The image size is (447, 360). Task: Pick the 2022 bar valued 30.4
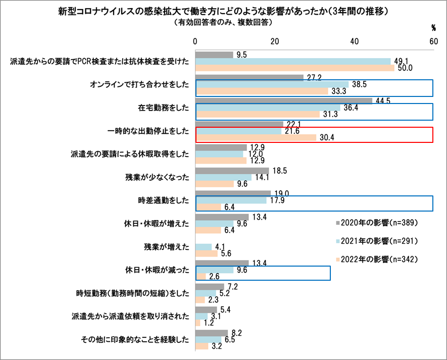256,138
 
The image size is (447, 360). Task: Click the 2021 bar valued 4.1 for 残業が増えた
203,246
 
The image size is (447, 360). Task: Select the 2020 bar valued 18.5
232,171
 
